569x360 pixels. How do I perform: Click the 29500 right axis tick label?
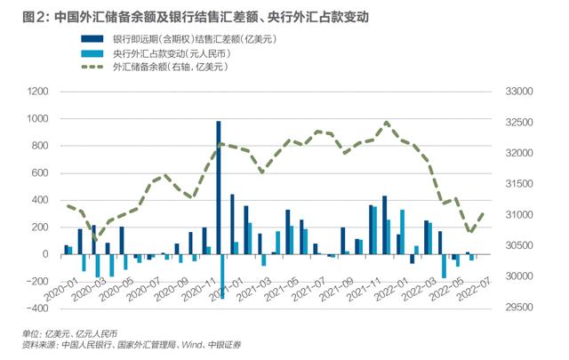tap(517, 308)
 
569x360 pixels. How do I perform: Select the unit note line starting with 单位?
tap(56, 332)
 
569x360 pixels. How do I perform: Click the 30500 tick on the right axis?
tap(517, 246)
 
